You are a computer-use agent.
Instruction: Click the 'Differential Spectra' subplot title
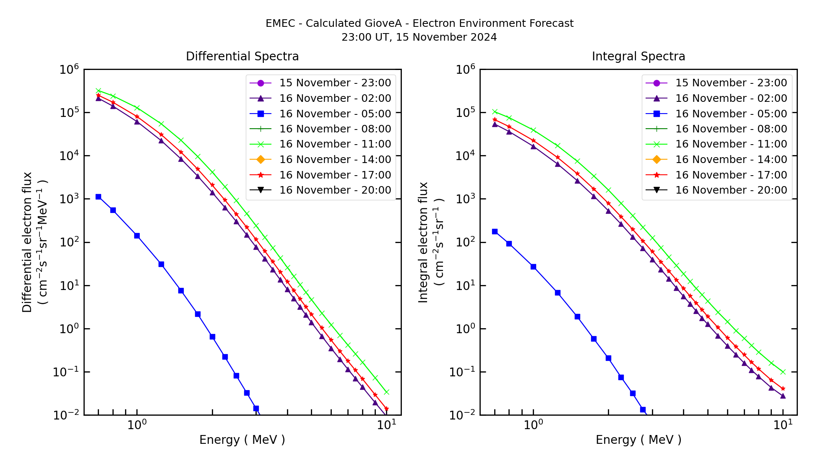pos(242,56)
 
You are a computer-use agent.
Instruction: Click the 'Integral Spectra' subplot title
pos(638,56)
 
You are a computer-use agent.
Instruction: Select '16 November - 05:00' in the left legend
pos(335,114)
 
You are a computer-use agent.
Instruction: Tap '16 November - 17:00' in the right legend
pos(731,175)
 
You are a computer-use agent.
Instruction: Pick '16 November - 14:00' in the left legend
pos(335,159)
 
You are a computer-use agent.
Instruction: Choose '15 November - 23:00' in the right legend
pos(731,83)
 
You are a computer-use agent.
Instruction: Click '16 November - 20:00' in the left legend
pos(335,190)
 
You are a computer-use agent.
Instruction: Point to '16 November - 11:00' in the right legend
pos(731,144)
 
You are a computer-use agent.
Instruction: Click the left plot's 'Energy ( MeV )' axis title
pos(242,440)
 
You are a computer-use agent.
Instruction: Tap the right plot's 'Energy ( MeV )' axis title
pos(638,440)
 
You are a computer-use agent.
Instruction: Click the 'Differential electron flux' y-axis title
pos(28,242)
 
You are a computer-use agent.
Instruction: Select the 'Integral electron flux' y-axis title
pos(424,242)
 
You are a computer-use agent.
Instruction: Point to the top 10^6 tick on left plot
pos(69,70)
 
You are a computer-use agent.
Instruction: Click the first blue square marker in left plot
pos(98,197)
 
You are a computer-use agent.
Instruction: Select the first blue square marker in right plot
pos(495,232)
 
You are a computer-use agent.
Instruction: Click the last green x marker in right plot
pos(783,372)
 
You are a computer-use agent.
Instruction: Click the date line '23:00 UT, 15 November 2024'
pos(419,37)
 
